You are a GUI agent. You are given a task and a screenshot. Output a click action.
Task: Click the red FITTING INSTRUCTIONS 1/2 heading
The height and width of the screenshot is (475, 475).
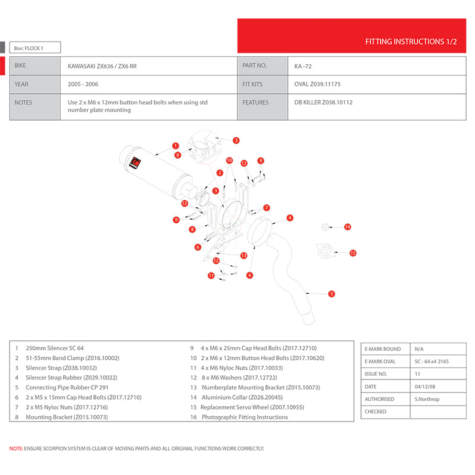coord(411,42)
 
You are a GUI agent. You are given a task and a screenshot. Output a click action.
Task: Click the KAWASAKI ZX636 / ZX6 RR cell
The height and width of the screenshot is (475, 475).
coord(102,66)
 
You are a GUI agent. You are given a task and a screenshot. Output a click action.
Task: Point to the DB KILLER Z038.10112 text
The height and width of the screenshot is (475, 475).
coord(324,102)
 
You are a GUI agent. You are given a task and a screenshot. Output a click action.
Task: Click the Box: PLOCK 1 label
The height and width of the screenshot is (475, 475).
coord(28,48)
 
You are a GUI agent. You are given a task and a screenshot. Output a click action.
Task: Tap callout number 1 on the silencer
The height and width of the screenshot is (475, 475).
coord(176,145)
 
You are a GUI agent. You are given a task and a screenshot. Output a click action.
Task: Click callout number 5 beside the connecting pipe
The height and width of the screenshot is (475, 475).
coord(331,293)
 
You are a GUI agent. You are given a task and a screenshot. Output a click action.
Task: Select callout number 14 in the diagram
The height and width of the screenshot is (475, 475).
coord(348,227)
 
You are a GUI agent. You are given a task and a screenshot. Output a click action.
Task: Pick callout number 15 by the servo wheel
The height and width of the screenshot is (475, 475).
coord(353,253)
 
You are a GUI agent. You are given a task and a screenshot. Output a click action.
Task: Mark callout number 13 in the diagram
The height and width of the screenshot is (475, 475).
coord(243,255)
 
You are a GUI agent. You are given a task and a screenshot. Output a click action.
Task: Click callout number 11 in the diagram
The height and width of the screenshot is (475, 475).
coord(211,275)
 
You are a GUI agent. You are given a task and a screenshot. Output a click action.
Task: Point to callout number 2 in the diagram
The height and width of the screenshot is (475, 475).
coord(220,173)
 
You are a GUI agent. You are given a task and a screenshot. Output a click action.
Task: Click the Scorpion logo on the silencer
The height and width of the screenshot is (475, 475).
coord(134,163)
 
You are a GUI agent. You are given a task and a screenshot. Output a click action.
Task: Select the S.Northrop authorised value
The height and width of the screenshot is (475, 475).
coord(427,399)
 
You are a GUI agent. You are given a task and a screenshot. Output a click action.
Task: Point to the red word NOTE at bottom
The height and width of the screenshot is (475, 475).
coord(15,449)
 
